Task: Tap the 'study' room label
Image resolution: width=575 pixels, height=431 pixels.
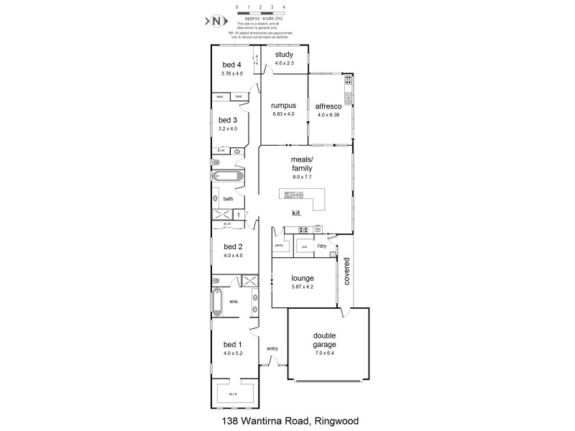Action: [x=284, y=55]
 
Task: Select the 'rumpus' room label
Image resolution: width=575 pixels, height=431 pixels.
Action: [x=284, y=106]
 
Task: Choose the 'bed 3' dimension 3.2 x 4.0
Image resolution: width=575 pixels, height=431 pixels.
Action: [x=227, y=129]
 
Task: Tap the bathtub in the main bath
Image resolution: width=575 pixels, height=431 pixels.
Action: [x=228, y=177]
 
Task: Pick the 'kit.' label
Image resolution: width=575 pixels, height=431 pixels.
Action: [x=296, y=213]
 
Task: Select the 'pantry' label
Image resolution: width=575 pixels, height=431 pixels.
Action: [x=279, y=246]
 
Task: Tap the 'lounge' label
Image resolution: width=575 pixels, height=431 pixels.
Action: [x=302, y=278]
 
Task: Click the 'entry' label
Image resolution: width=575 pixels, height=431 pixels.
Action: [x=272, y=349]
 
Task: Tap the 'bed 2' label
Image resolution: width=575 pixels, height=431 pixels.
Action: [x=232, y=246]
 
